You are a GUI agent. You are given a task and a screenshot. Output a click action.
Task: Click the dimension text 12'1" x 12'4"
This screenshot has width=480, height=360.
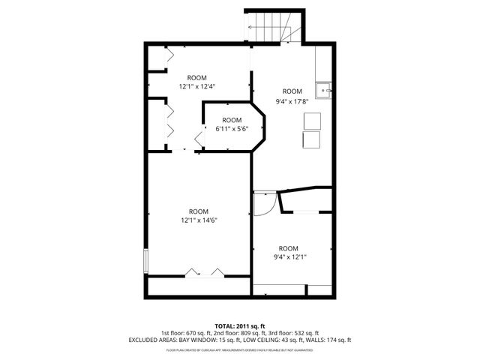196,87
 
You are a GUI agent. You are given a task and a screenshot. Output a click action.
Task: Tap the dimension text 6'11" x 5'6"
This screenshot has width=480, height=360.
231,129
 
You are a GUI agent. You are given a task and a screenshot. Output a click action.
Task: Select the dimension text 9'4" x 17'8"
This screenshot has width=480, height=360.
292,101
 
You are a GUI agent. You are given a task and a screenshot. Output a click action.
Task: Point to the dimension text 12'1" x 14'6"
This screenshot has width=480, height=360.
198,220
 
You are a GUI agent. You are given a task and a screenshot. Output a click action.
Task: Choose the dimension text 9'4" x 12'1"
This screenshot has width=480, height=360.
288,257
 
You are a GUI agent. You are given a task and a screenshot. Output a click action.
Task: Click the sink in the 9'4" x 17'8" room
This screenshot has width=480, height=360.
324,89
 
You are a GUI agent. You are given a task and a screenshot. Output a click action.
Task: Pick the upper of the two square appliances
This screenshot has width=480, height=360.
311,121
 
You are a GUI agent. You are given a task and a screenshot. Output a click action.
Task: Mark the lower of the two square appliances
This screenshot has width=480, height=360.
310,140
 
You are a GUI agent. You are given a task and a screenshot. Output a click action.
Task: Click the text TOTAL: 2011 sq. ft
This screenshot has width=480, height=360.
240,326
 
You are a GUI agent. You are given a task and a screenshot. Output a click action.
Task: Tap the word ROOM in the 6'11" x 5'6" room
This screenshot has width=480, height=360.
232,120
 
